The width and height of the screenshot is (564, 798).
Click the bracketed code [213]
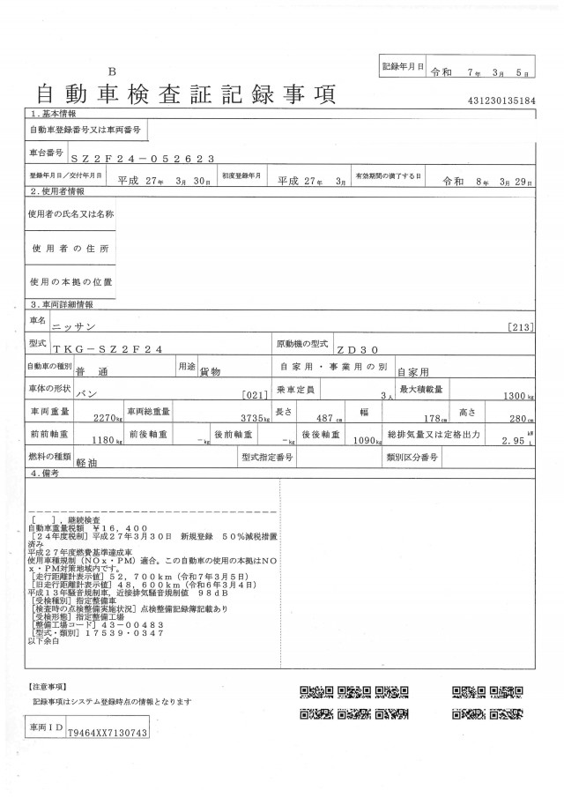[522, 326]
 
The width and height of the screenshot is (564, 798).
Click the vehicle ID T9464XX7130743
[106, 734]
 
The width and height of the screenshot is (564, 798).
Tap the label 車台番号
[47, 153]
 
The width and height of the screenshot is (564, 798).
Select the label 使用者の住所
[70, 250]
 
